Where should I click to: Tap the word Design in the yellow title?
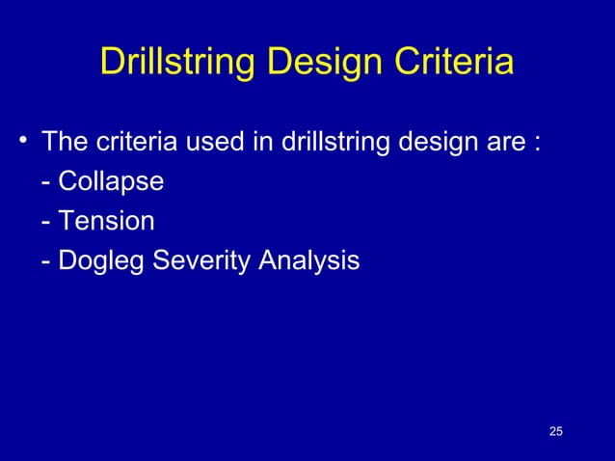pos(318,64)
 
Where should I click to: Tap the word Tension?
pos(106,221)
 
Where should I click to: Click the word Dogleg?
pos(99,261)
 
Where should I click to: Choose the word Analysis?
pos(306,261)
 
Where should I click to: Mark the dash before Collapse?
pos(46,183)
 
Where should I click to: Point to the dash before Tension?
pos(46,223)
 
